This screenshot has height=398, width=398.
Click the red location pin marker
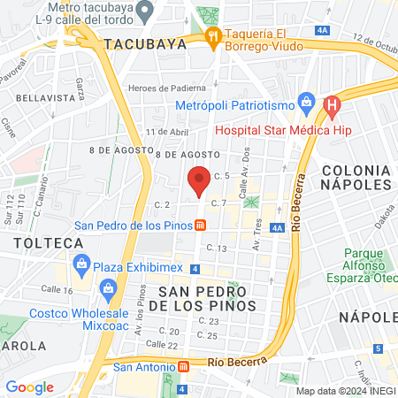tap(200, 180)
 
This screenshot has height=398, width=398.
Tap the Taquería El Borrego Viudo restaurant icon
tap(212, 36)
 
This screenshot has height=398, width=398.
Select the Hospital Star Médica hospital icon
tap(332, 107)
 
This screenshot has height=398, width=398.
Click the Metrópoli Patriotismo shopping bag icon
tap(307, 102)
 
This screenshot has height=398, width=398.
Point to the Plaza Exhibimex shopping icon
tap(81, 264)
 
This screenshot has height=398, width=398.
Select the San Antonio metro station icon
tap(184, 365)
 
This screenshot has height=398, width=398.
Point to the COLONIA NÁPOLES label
tap(356, 176)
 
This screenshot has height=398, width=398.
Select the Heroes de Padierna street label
tap(167, 88)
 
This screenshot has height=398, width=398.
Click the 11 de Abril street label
tap(168, 132)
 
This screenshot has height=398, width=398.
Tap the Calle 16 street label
tap(56, 290)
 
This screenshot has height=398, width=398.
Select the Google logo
tap(29, 387)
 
